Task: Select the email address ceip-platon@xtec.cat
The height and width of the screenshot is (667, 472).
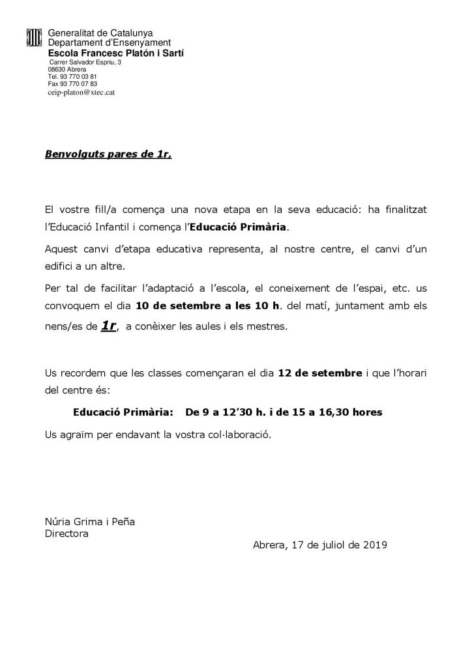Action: tap(81, 92)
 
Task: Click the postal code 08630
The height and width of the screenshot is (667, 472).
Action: tap(57, 69)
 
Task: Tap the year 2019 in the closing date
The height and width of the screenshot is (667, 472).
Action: tap(375, 546)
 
